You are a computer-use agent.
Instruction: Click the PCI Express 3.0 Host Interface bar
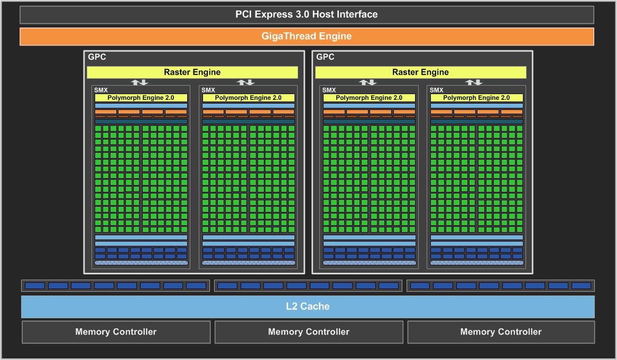(x=307, y=15)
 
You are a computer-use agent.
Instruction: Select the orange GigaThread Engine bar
(x=307, y=36)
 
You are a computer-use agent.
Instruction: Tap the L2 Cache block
(x=308, y=307)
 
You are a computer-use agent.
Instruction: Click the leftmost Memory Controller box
(x=116, y=332)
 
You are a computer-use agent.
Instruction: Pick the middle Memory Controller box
(x=309, y=332)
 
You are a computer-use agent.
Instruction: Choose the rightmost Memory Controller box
(x=501, y=332)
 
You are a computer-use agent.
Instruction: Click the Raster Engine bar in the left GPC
(x=192, y=72)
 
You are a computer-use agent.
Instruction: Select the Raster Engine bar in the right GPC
(x=421, y=72)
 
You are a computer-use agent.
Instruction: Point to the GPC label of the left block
(x=97, y=57)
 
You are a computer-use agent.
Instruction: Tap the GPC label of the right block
(x=325, y=57)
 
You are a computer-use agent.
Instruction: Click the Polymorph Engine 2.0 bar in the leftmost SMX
(x=141, y=98)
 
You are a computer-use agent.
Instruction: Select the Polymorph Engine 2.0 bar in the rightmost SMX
(x=476, y=98)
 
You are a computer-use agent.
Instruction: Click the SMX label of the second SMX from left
(x=208, y=90)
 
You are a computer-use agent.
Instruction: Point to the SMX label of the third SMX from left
(x=329, y=90)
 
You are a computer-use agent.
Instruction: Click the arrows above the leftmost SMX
(x=140, y=82)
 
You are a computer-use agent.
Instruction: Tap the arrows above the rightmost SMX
(x=474, y=82)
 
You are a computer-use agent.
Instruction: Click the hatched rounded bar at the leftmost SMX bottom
(x=141, y=263)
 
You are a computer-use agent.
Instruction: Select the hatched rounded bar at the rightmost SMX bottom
(x=477, y=263)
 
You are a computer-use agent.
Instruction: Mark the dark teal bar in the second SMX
(x=248, y=122)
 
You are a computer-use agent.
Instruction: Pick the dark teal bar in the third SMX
(x=369, y=122)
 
